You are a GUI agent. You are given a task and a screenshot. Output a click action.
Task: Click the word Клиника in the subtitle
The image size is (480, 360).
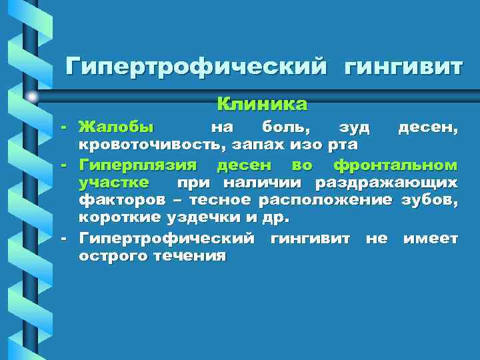262,104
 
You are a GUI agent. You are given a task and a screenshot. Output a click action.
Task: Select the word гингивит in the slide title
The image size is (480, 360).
403,67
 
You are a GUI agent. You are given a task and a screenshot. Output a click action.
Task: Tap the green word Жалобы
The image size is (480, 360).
115,127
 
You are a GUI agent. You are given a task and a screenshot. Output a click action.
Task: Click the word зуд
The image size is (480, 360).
353,127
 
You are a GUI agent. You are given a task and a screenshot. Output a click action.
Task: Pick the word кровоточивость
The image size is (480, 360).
144,145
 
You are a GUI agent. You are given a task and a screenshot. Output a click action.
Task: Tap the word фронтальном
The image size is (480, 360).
395,164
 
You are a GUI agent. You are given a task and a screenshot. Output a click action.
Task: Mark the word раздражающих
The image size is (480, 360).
387,182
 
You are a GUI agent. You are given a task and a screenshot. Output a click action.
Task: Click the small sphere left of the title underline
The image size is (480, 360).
31,97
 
